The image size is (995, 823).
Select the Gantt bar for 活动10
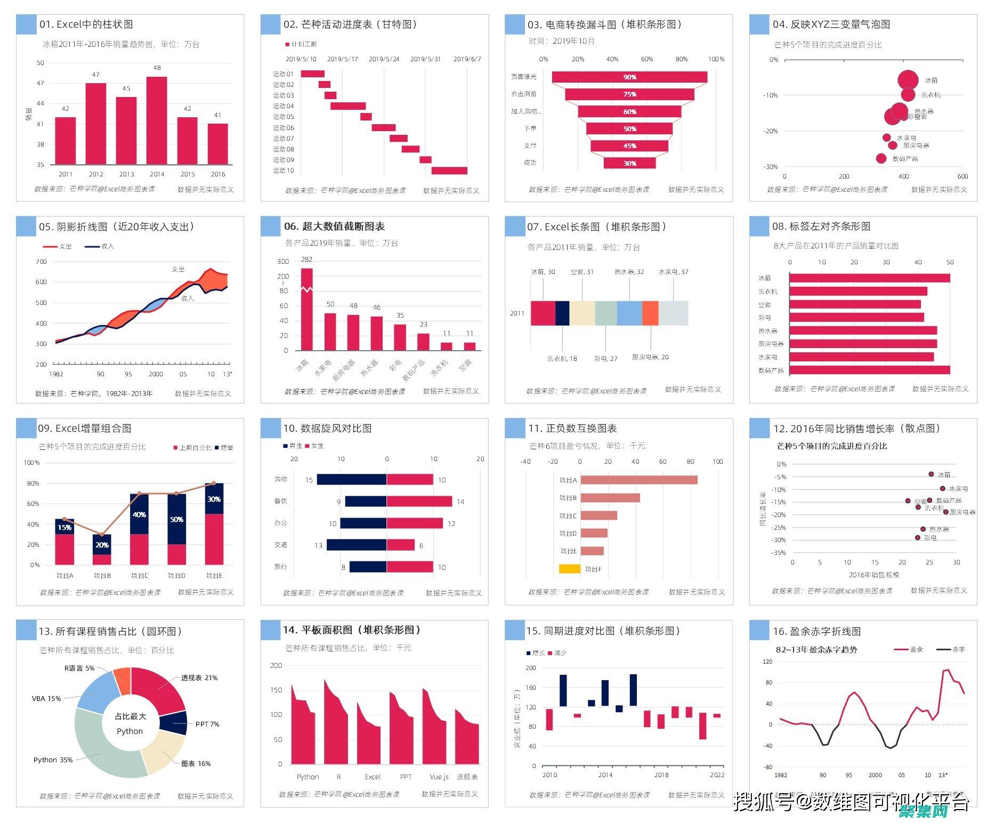click(x=449, y=171)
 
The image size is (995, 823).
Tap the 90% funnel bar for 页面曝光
click(x=629, y=77)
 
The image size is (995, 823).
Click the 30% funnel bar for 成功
click(x=629, y=163)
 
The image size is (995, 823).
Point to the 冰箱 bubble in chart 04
click(x=908, y=80)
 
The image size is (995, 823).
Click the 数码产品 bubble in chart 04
click(x=881, y=158)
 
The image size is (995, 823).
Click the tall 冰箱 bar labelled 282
click(x=307, y=309)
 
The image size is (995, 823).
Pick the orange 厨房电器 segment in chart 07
click(x=650, y=313)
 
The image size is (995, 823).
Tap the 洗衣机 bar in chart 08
click(x=858, y=291)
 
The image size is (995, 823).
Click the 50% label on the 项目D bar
click(x=176, y=519)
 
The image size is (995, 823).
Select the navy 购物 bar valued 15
click(x=352, y=480)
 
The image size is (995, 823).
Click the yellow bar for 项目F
click(x=569, y=569)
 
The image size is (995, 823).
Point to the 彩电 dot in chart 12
click(x=918, y=537)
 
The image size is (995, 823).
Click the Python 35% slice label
click(x=53, y=760)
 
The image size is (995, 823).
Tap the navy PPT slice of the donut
click(x=174, y=723)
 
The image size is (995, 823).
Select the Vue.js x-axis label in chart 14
click(x=439, y=777)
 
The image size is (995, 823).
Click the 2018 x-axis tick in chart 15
click(x=661, y=774)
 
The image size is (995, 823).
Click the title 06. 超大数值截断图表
click(x=334, y=227)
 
